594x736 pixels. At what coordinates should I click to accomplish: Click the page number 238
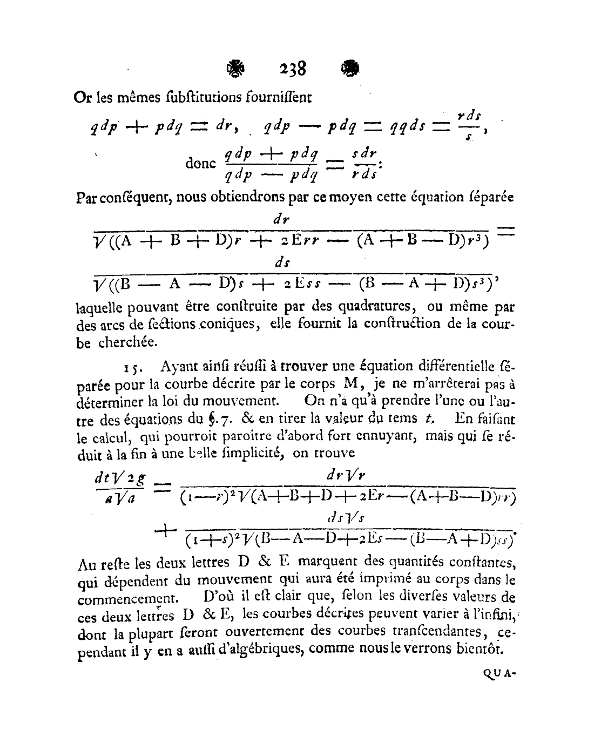tap(293, 69)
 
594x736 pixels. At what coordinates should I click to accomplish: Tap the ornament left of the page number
tap(235, 69)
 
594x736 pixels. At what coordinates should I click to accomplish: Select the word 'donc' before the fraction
tap(200, 163)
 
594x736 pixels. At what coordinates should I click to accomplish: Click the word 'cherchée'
tap(127, 342)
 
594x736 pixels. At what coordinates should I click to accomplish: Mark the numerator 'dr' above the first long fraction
tap(281, 220)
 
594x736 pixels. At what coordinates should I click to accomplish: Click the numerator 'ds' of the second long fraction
tap(281, 262)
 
